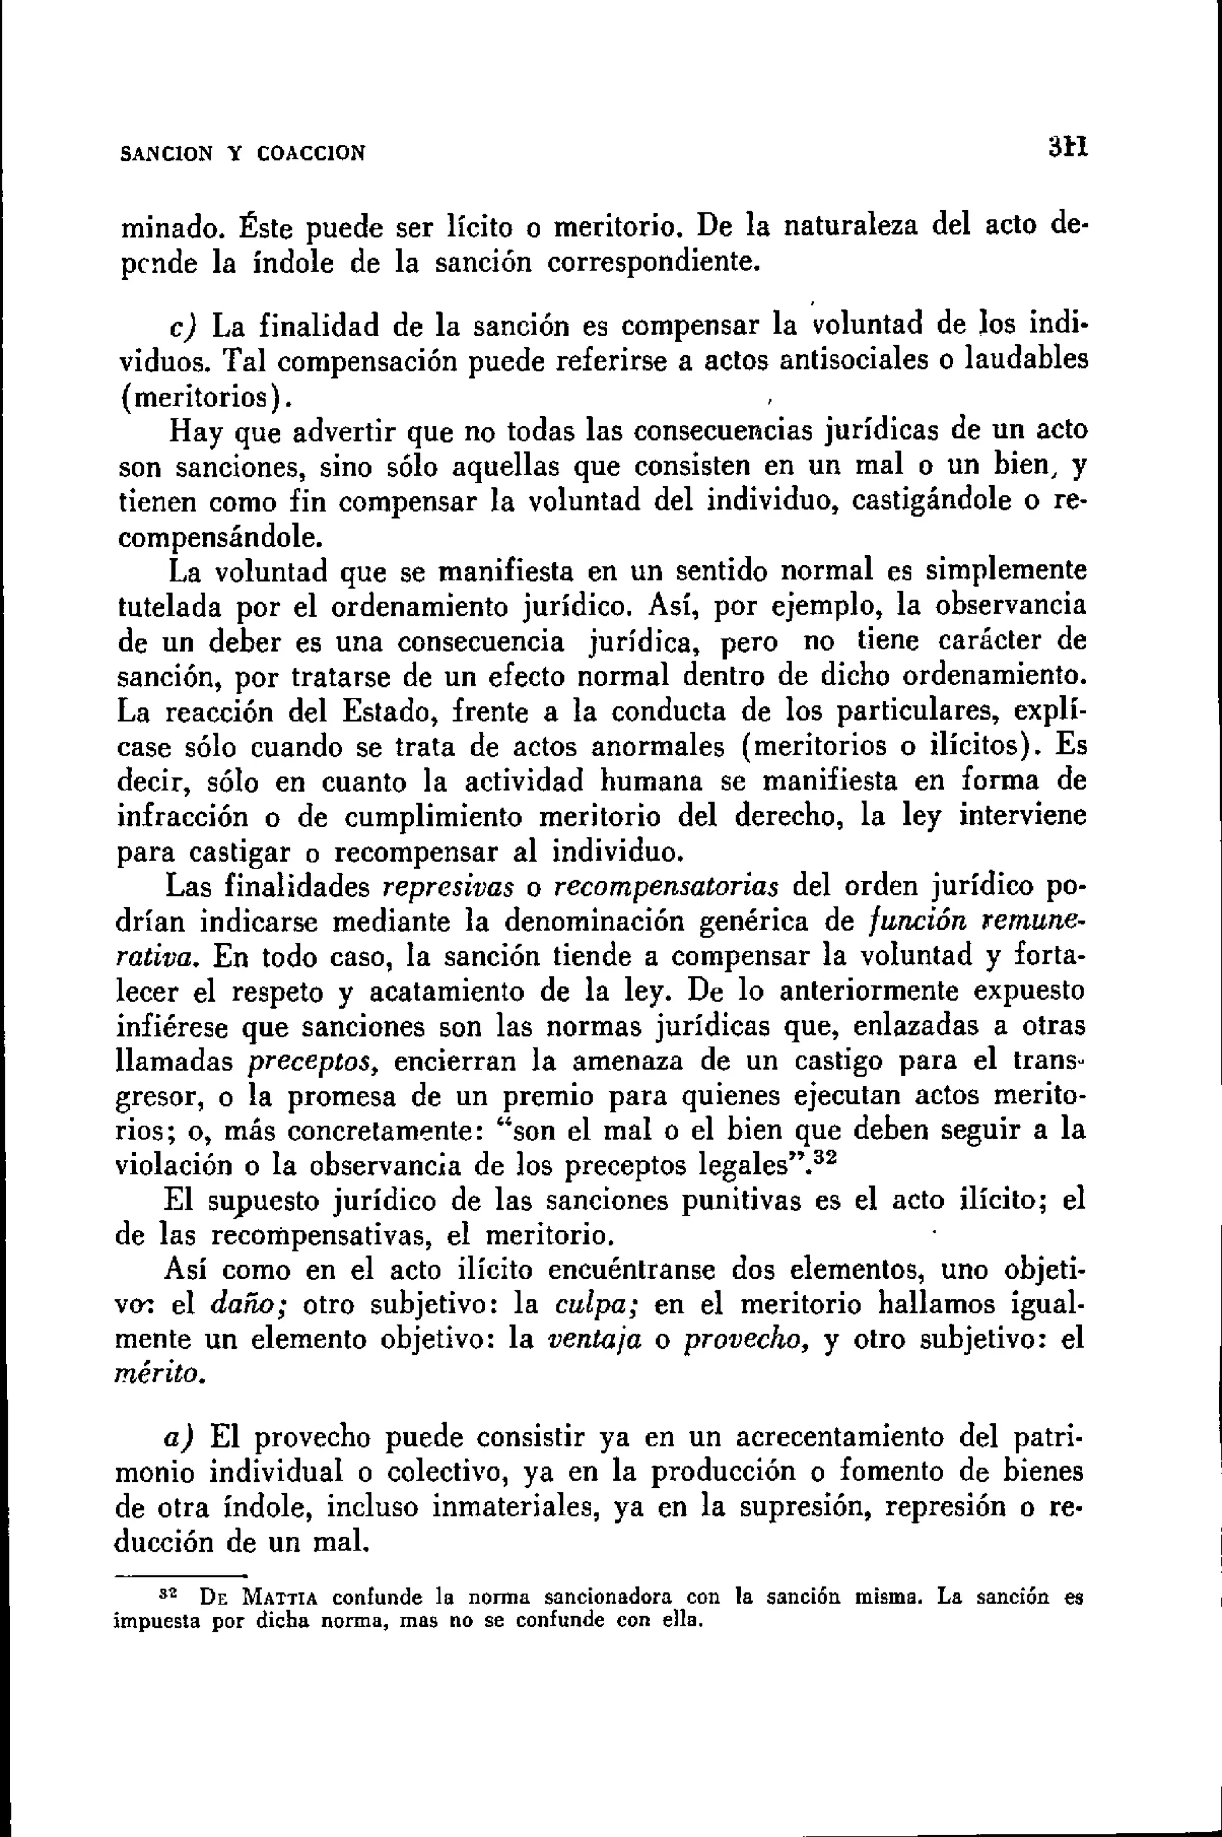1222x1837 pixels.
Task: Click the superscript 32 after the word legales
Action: pyautogui.click(x=818, y=1158)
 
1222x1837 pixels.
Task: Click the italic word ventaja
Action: pyautogui.click(x=596, y=1340)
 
